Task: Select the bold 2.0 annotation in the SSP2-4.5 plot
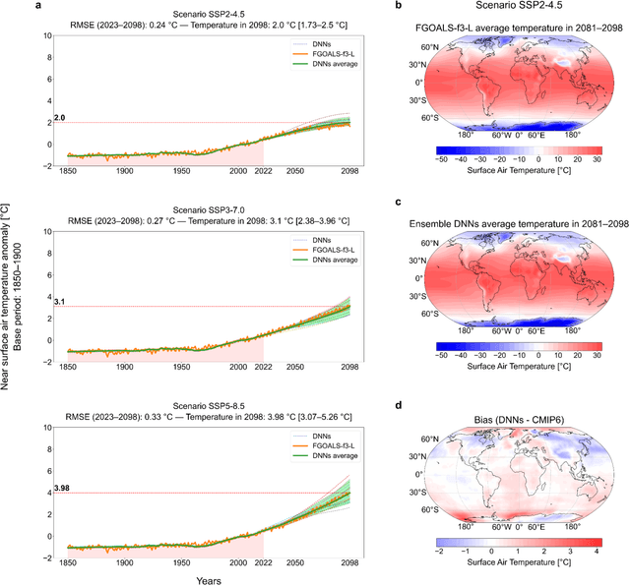tap(58, 117)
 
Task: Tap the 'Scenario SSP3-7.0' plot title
tap(207, 203)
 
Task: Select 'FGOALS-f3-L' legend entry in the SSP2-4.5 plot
tap(323, 54)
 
